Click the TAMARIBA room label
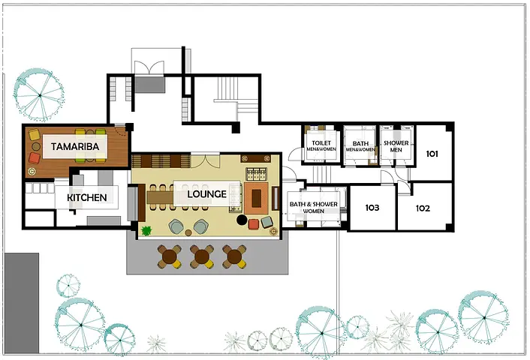point(75,146)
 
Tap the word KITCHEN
point(87,197)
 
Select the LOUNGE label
point(207,194)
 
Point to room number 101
point(432,154)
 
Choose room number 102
point(423,208)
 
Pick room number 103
point(372,208)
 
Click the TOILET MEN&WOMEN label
point(321,146)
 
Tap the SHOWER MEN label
point(396,146)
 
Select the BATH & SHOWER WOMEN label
point(314,207)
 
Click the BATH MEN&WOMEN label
point(360,146)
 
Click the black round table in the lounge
point(242,220)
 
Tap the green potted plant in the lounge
point(146,231)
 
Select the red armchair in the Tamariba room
point(35,157)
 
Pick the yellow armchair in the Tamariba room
point(35,135)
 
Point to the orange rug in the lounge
point(257,198)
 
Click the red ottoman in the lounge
point(254,224)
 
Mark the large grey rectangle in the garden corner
point(22,303)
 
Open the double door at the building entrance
point(149,68)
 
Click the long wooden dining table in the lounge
point(160,197)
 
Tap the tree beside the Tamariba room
point(39,95)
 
